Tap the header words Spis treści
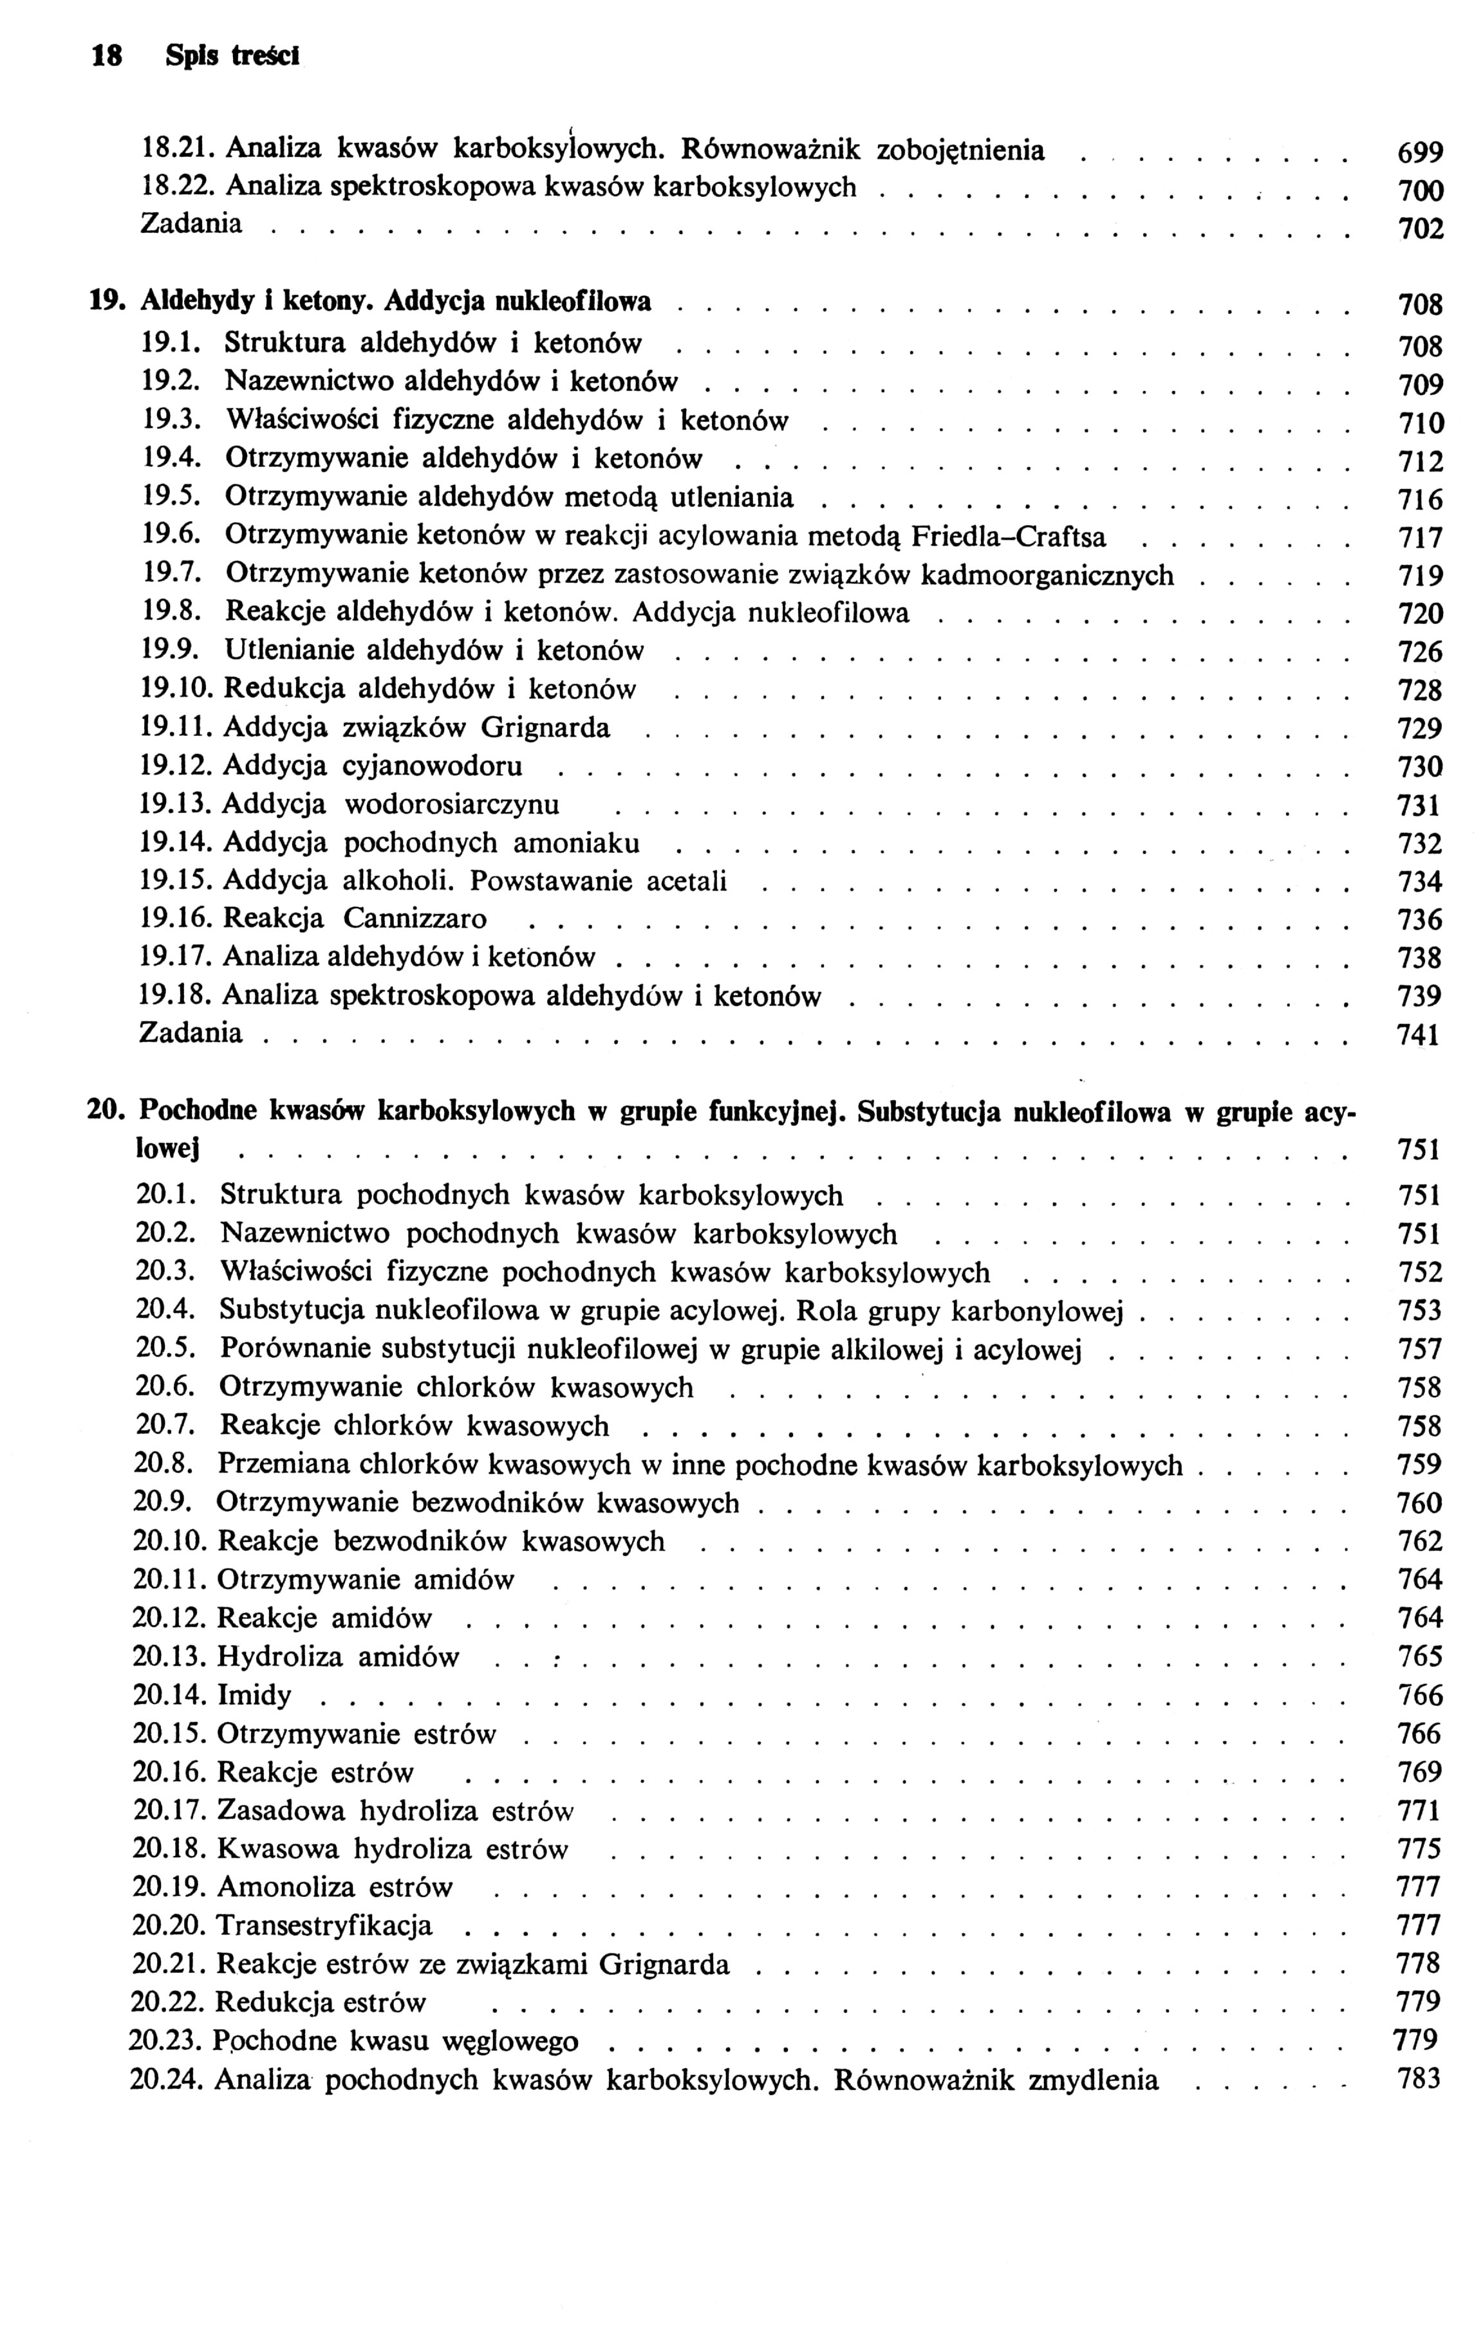coord(232,57)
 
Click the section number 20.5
coord(166,1349)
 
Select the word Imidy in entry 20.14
coord(254,1695)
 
